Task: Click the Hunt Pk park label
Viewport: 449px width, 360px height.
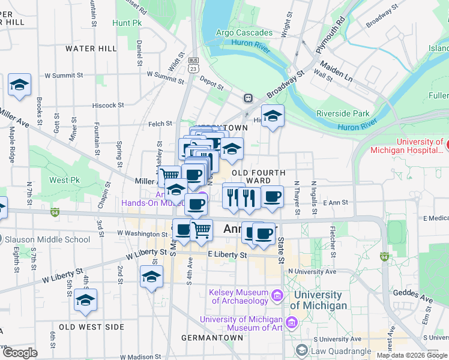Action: pos(126,23)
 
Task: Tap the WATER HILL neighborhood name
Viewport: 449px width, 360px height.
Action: pos(91,49)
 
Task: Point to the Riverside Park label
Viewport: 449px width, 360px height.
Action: pos(344,113)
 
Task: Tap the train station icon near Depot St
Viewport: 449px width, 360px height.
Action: pos(247,98)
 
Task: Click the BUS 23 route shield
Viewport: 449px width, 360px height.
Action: pos(193,65)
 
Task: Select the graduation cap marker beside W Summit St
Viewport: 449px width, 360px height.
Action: pos(19,85)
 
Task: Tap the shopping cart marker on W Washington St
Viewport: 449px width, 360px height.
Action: pos(202,230)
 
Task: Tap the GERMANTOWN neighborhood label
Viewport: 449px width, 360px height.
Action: pos(212,338)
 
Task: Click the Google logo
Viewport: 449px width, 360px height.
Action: pos(20,352)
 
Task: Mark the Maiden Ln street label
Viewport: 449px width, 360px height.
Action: pos(334,64)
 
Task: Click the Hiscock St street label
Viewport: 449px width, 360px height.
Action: pos(109,105)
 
